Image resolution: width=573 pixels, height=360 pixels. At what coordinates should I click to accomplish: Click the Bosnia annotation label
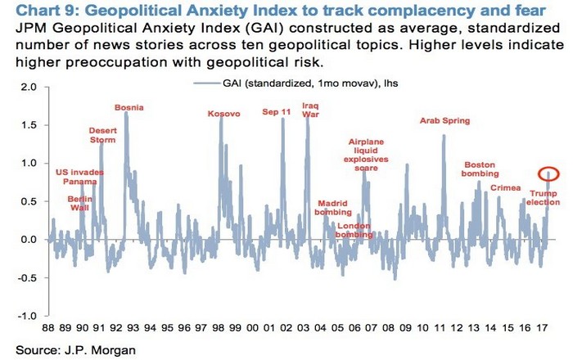tap(129, 107)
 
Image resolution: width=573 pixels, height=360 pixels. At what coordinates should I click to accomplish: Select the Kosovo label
tap(223, 114)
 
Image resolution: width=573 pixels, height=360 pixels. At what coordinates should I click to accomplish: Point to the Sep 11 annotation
tap(276, 111)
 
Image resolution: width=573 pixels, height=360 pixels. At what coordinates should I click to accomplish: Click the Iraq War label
tap(310, 110)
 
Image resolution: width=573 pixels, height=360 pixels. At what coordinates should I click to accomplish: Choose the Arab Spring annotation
tap(444, 120)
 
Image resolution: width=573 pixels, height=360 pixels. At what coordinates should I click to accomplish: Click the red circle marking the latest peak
tap(549, 173)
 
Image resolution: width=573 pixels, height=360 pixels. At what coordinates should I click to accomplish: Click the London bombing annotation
tap(354, 230)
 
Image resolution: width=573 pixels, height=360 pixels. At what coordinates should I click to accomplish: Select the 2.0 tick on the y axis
tap(29, 87)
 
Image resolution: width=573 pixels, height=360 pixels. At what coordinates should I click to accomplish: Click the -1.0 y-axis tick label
tap(27, 316)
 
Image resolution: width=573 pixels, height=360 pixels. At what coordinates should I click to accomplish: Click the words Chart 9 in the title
tap(34, 10)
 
